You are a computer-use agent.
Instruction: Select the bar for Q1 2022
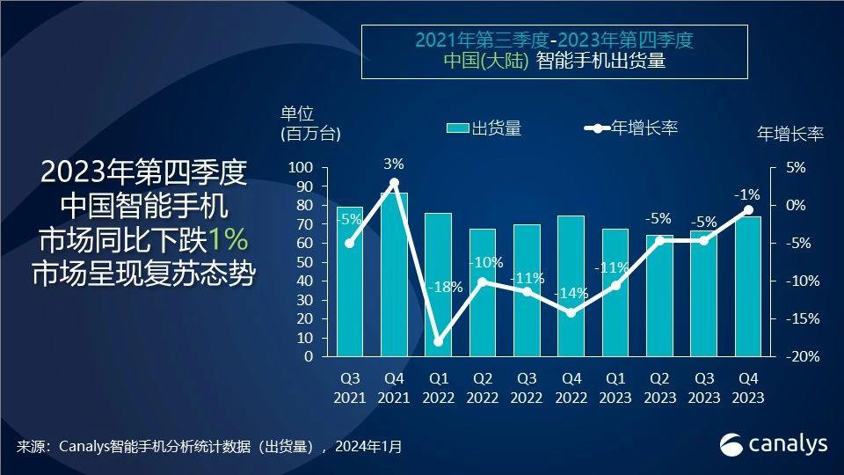(x=438, y=285)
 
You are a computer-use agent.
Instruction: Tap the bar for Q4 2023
(x=748, y=286)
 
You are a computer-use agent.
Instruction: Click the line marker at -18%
(x=438, y=341)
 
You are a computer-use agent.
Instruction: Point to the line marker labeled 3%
(x=394, y=183)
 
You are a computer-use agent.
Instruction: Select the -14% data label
(x=570, y=293)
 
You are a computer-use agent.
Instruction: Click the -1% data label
(x=748, y=194)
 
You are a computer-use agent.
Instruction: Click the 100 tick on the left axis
(x=302, y=168)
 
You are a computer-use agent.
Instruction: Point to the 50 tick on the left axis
(x=305, y=262)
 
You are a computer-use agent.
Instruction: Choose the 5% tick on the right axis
(x=794, y=168)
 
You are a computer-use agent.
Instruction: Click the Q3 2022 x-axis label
(x=527, y=387)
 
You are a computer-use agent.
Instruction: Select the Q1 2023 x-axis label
(x=615, y=387)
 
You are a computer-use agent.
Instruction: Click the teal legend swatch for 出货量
(x=458, y=128)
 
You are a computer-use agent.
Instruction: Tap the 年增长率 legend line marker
(x=598, y=128)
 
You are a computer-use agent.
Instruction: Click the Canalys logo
(x=774, y=444)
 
